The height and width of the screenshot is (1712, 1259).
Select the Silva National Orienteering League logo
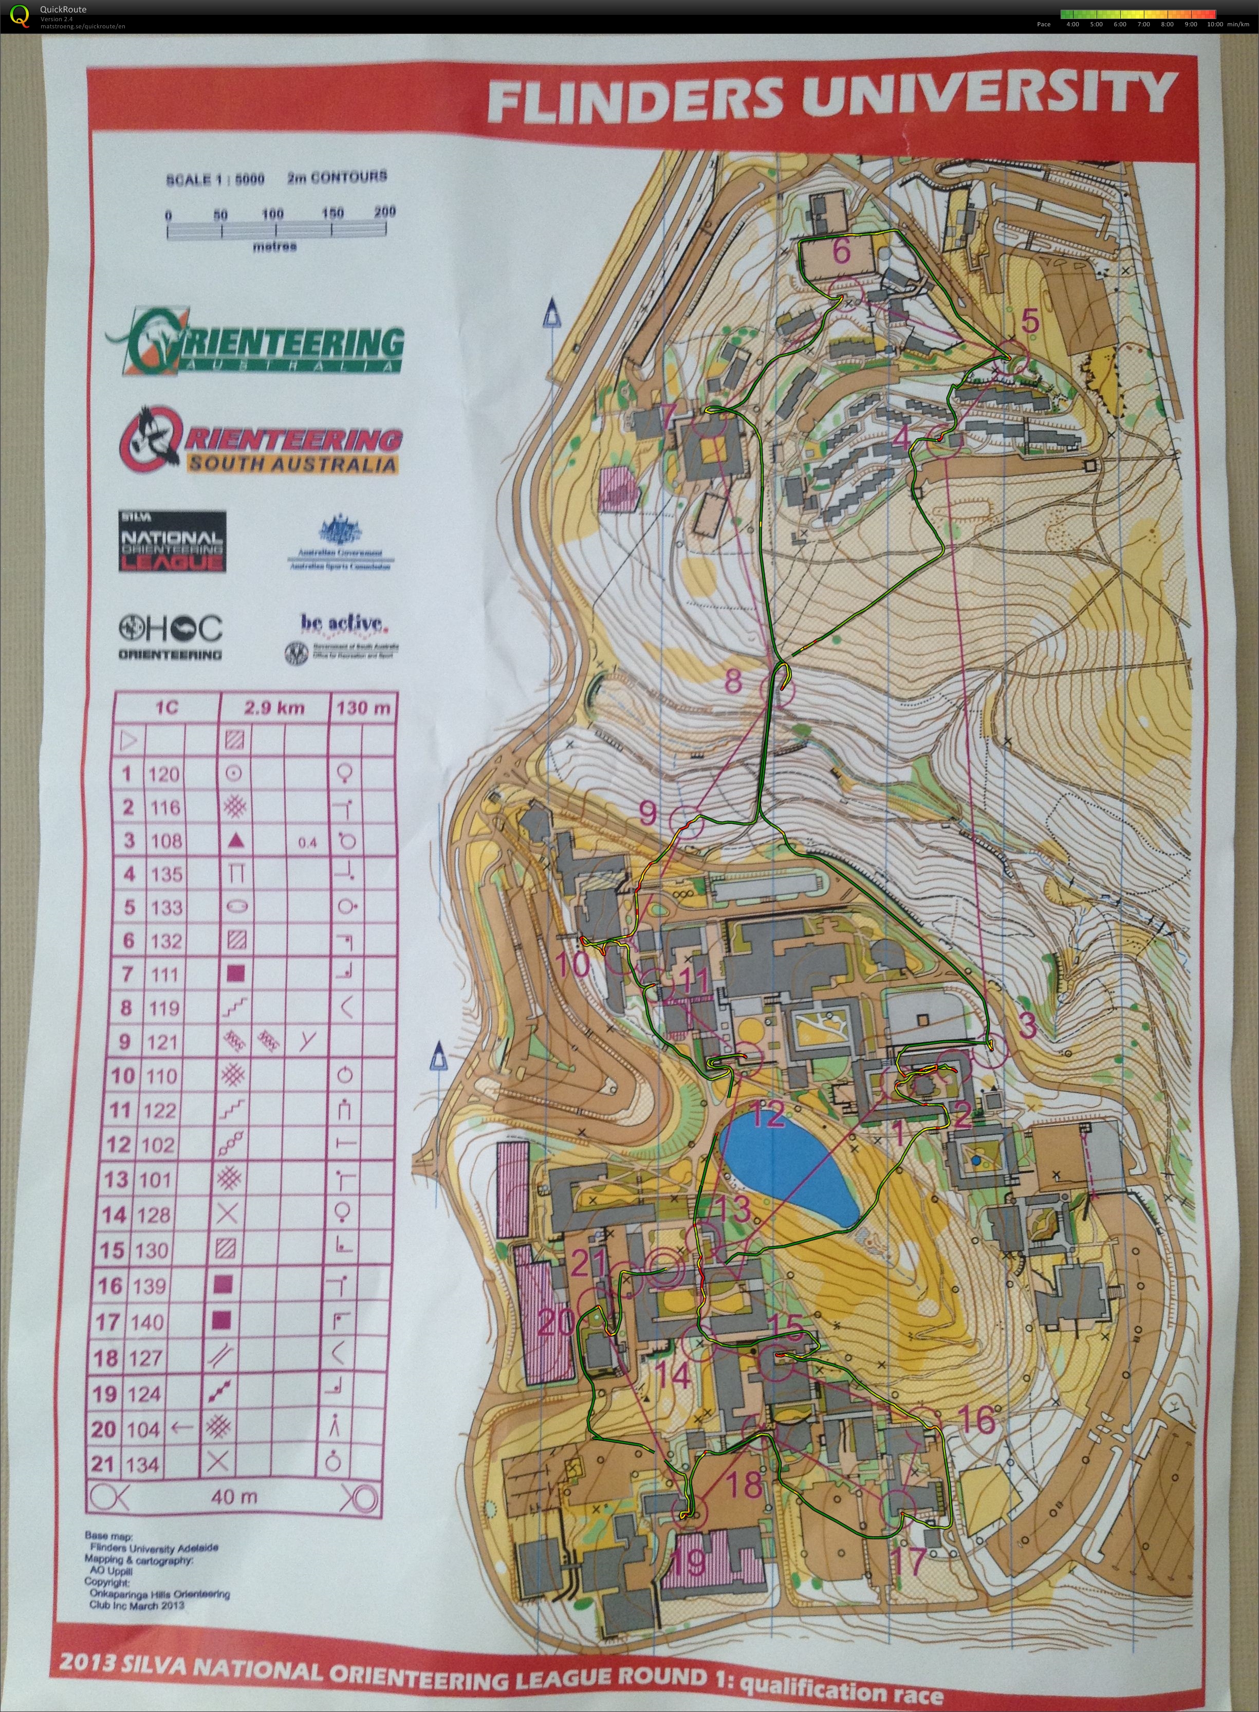click(172, 541)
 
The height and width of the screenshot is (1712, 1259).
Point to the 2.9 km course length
click(274, 709)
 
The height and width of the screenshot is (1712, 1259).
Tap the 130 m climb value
click(363, 709)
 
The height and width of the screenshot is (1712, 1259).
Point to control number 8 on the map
click(732, 680)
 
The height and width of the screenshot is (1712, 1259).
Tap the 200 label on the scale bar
click(385, 211)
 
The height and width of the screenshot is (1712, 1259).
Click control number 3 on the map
click(1027, 1027)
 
